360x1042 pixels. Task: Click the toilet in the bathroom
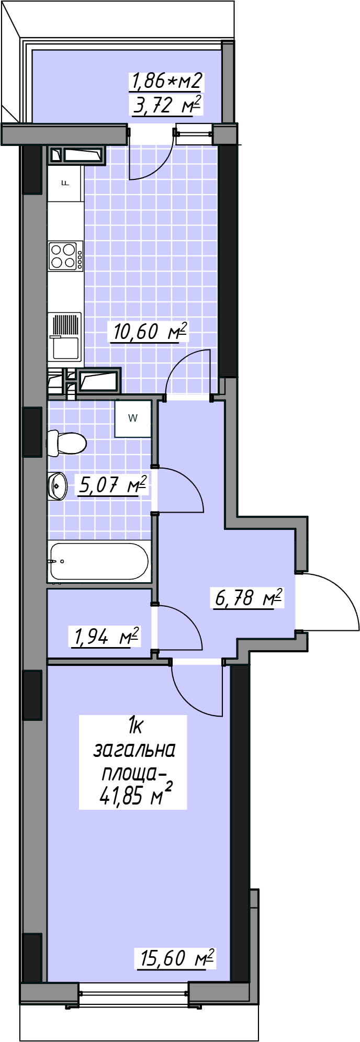(x=66, y=443)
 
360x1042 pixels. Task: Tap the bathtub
(x=99, y=561)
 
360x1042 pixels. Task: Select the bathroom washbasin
(x=58, y=486)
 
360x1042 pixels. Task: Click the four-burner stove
(x=66, y=256)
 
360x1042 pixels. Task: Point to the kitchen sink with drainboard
(x=65, y=337)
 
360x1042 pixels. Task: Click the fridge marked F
(x=65, y=183)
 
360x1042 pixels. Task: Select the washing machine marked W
(x=133, y=418)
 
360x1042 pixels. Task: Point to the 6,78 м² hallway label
(x=249, y=597)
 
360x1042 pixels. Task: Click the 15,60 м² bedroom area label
(x=176, y=958)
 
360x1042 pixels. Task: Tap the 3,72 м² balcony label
(x=167, y=105)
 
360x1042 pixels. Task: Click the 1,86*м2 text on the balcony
(x=167, y=81)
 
